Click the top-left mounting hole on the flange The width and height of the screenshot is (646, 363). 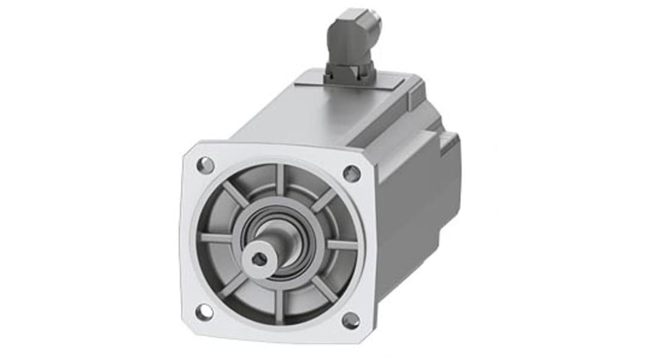(x=205, y=165)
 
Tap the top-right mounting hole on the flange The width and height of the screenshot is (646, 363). (x=351, y=173)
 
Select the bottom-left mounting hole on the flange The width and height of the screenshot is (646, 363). (x=203, y=312)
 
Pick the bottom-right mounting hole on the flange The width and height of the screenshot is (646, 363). (x=350, y=321)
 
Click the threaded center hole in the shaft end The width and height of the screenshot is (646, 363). (x=259, y=259)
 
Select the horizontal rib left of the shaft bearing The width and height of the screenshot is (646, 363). (x=216, y=238)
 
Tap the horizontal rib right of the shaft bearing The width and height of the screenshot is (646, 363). (x=342, y=244)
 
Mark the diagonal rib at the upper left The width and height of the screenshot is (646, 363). (x=236, y=194)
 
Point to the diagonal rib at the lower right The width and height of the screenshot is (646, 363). (x=324, y=289)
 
